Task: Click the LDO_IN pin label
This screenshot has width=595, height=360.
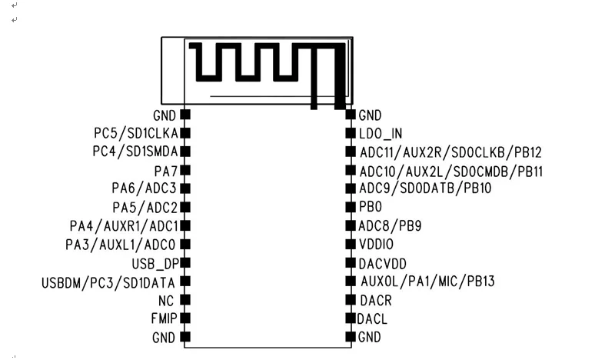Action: pyautogui.click(x=381, y=134)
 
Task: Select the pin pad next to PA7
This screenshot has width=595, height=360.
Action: pyautogui.click(x=184, y=170)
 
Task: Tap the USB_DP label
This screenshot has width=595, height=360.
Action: pyautogui.click(x=155, y=264)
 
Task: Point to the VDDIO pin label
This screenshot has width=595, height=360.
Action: pyautogui.click(x=376, y=244)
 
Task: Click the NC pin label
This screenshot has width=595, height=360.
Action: pyautogui.click(x=166, y=301)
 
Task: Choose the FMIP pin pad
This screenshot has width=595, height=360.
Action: pyautogui.click(x=184, y=318)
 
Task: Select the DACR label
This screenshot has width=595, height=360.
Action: pyautogui.click(x=376, y=300)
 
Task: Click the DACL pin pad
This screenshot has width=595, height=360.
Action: pyautogui.click(x=351, y=318)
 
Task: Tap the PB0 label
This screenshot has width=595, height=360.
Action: pyautogui.click(x=371, y=207)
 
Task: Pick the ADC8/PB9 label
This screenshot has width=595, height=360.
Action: pyautogui.click(x=390, y=226)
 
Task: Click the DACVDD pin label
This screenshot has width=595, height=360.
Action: pyautogui.click(x=383, y=264)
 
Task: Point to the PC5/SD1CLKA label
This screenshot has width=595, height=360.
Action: pyautogui.click(x=136, y=133)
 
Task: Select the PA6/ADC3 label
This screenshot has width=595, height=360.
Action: pyautogui.click(x=145, y=188)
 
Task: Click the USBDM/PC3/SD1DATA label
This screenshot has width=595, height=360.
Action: pyautogui.click(x=108, y=283)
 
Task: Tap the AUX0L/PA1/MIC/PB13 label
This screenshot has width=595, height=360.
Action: pyautogui.click(x=427, y=282)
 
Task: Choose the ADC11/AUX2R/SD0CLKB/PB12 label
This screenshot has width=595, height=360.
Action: pyautogui.click(x=450, y=152)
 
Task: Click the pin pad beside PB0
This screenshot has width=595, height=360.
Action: pyautogui.click(x=351, y=207)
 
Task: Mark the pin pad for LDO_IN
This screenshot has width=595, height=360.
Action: pyautogui.click(x=351, y=133)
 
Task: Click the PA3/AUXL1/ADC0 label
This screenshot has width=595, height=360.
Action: pyautogui.click(x=121, y=245)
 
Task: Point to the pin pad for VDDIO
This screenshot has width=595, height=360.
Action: pyautogui.click(x=351, y=244)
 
